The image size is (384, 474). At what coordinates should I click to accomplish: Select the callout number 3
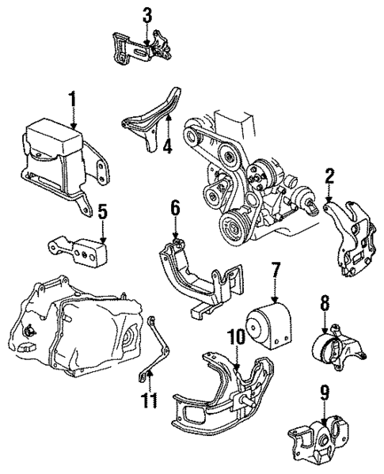(146, 14)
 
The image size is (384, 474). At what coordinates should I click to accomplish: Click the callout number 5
(101, 211)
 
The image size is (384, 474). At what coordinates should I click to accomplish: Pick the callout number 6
(175, 209)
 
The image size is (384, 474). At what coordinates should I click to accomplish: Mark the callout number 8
(324, 301)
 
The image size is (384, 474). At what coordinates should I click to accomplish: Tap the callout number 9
(324, 390)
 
